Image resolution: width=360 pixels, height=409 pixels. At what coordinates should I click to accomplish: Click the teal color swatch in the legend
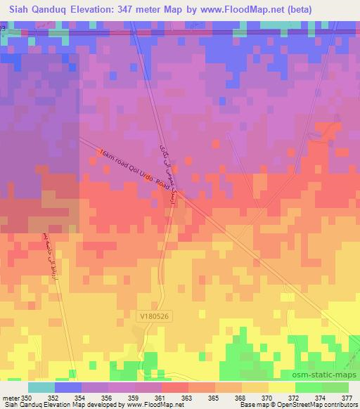coord(41,387)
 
